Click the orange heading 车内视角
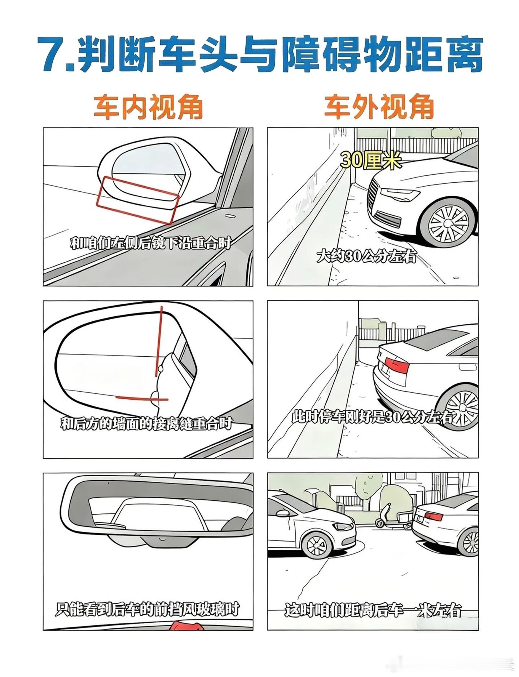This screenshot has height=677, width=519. tap(148, 107)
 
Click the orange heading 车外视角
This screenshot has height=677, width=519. tap(379, 107)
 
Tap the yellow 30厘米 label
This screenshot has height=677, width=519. tap(370, 160)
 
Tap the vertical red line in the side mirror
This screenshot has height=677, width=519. tap(159, 340)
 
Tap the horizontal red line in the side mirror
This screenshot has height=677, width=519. tap(142, 398)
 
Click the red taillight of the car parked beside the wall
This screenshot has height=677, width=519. tap(397, 365)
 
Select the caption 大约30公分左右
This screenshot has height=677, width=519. tap(366, 257)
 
